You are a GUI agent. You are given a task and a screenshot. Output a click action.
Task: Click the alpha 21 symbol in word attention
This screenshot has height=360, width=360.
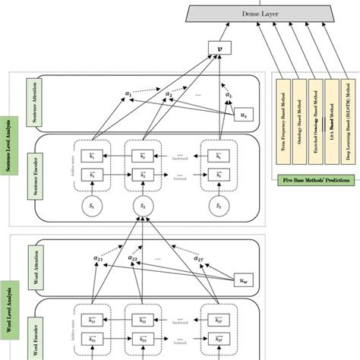click(99, 258)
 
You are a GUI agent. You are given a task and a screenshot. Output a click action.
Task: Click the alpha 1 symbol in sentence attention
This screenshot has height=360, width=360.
click(127, 94)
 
